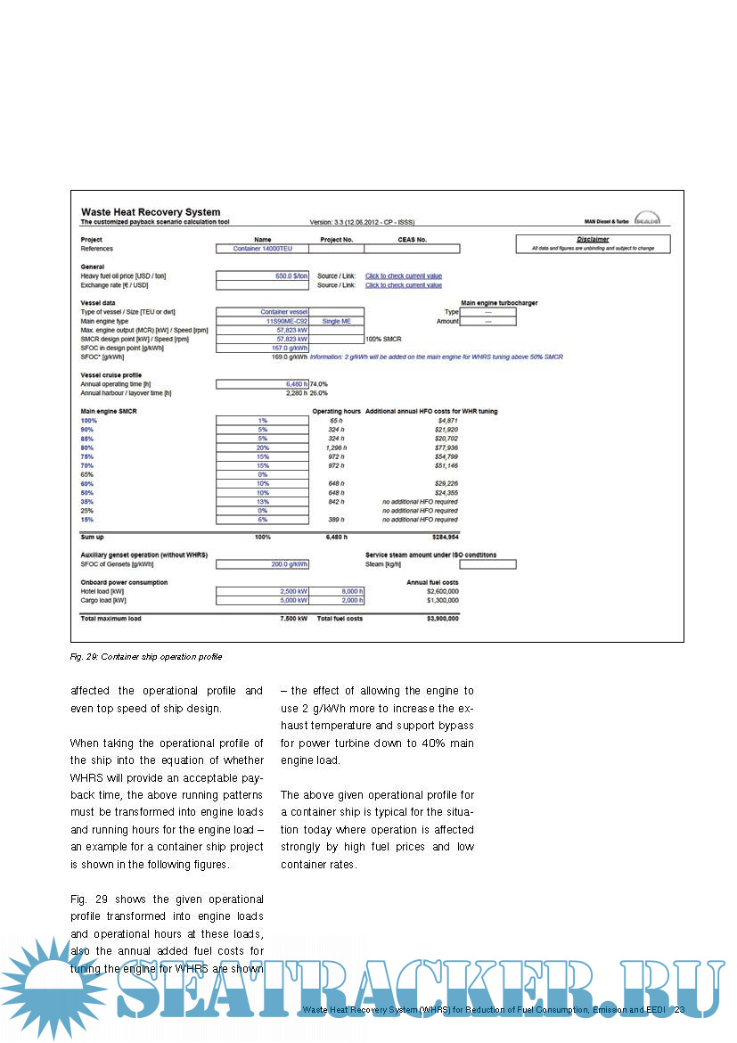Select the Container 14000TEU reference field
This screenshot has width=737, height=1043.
point(263,249)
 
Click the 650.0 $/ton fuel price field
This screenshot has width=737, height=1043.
point(263,276)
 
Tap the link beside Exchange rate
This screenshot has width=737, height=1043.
point(403,285)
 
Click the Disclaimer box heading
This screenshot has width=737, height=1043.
point(593,239)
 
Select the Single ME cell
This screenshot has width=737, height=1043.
point(337,321)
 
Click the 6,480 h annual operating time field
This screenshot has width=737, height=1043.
point(263,383)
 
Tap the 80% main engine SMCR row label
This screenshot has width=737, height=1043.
point(88,448)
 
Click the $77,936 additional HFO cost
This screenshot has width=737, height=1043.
point(442,448)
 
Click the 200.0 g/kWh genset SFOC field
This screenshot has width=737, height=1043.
point(263,564)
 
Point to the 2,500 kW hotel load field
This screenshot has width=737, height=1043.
point(263,591)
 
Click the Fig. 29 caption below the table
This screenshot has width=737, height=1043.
point(145,657)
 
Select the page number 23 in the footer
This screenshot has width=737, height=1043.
point(679,1010)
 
